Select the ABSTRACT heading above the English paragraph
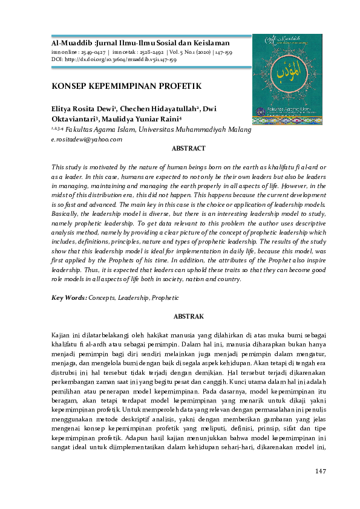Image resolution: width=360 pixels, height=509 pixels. click(x=189, y=148)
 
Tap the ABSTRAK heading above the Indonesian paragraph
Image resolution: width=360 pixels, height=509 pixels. click(x=189, y=316)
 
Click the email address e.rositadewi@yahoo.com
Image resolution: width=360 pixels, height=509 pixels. click(x=87, y=139)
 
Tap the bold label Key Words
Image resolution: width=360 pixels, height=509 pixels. click(x=69, y=297)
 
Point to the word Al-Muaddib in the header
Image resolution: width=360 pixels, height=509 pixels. click(x=68, y=44)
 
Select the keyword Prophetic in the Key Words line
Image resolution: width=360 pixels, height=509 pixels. click(x=165, y=297)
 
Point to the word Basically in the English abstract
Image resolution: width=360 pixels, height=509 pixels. click(x=66, y=213)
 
